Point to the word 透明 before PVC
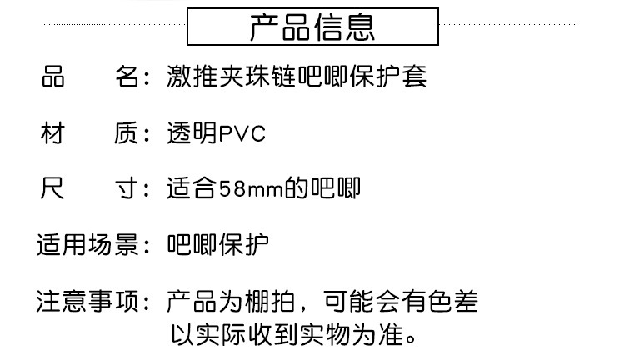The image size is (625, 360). [x=192, y=133]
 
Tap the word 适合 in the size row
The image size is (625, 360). [x=192, y=189]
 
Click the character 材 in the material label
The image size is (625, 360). [x=52, y=133]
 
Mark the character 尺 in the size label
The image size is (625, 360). [x=52, y=189]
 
